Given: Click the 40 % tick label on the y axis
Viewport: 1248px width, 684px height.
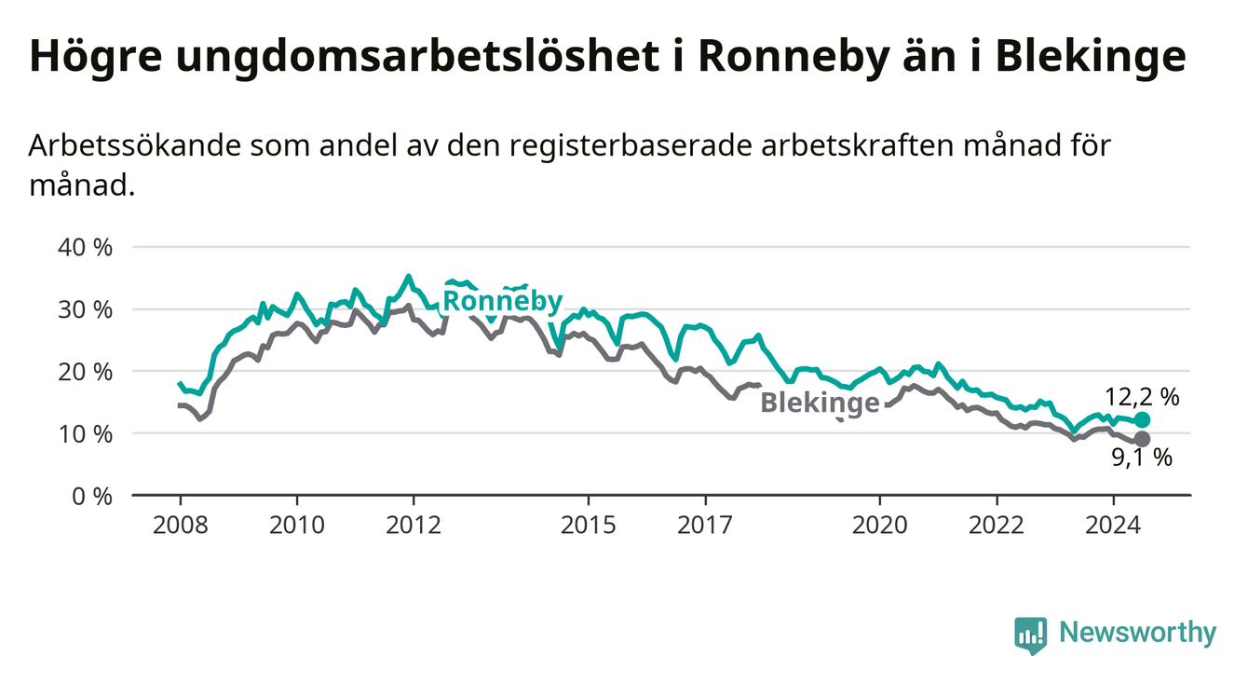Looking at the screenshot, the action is click(85, 248).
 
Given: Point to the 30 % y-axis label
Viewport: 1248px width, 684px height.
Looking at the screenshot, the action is click(85, 310).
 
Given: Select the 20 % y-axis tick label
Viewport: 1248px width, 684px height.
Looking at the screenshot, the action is click(85, 372).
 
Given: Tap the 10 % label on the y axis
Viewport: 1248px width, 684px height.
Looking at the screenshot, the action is click(85, 434).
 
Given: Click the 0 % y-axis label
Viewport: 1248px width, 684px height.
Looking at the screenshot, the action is click(92, 496).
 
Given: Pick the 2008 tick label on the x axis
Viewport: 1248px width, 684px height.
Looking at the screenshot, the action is click(180, 526).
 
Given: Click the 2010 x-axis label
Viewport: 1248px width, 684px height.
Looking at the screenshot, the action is click(297, 526).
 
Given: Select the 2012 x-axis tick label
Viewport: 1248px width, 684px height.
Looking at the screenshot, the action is click(414, 526).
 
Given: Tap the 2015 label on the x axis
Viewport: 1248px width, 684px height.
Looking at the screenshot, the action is click(589, 526).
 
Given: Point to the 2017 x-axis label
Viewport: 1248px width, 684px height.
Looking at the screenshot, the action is click(705, 526).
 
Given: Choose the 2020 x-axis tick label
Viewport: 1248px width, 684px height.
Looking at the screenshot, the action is click(880, 526).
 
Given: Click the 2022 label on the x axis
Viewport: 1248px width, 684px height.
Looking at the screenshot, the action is click(997, 526).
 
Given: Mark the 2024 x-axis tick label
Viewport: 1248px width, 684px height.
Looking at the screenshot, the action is click(1113, 526).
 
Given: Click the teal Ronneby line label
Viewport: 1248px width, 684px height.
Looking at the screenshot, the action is click(503, 302).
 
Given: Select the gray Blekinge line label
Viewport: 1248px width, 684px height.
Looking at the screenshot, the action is click(821, 403).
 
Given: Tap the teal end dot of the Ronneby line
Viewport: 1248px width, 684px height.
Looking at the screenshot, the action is click(1142, 419).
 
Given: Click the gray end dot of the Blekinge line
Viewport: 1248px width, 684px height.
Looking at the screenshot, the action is click(1142, 439).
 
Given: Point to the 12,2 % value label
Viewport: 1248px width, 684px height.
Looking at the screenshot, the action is click(1142, 398).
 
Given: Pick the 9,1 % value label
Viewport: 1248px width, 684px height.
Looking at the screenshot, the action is click(1142, 458).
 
